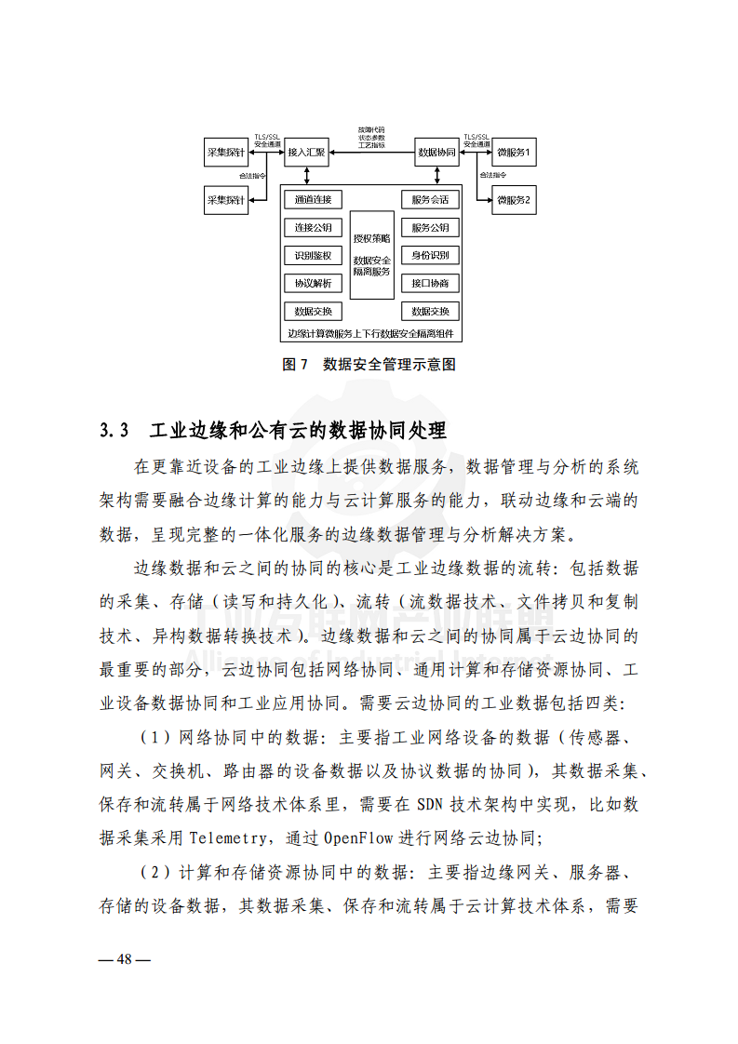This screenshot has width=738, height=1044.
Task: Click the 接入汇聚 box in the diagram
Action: point(306,152)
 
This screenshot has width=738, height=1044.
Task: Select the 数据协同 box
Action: point(436,152)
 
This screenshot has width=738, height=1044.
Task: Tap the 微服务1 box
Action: point(514,152)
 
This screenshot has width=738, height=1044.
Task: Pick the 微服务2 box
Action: point(514,200)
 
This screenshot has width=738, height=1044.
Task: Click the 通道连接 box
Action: point(313,200)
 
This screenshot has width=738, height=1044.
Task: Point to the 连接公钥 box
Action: point(313,228)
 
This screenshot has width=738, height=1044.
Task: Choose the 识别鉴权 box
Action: point(313,256)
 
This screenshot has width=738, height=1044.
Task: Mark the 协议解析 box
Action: point(313,284)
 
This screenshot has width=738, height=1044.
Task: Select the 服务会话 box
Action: point(430,200)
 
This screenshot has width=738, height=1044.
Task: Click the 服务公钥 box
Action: point(430,228)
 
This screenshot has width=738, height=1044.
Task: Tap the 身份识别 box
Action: point(430,256)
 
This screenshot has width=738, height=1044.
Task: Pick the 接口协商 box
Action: point(430,284)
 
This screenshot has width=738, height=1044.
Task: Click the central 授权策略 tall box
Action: point(371,254)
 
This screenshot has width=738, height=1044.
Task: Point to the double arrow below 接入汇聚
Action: point(306,175)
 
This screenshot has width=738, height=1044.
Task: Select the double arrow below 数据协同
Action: point(436,175)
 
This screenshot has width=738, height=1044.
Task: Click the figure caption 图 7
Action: point(294,365)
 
